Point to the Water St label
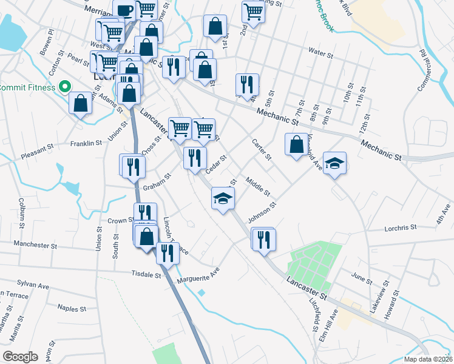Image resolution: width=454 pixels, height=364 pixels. [x=320, y=55]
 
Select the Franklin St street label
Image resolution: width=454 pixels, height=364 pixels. [x=86, y=144]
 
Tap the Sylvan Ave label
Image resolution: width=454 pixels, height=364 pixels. [x=33, y=285]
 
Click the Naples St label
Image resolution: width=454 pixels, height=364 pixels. [x=72, y=309]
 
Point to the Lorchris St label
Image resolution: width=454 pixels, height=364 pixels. [x=401, y=228]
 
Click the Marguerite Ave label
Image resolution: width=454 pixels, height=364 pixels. [x=197, y=276]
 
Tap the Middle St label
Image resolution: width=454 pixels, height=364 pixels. [x=258, y=185]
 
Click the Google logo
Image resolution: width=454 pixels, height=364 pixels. [x=21, y=357]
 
